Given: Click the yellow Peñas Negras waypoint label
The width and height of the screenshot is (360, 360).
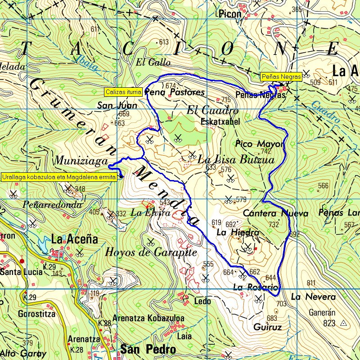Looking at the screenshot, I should tap(281, 77).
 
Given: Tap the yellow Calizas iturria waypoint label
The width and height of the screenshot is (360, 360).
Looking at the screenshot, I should tap(124, 92).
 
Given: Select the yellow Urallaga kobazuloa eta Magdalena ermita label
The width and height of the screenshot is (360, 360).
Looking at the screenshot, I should tap(59, 177).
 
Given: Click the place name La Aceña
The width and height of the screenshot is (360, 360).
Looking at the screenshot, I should tap(75, 239).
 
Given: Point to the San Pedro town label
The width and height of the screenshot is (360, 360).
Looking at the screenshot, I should tap(148, 349).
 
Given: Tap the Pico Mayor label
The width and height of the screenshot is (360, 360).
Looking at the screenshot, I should tap(260, 144).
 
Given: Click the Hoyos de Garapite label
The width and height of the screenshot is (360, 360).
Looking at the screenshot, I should tap(151, 252).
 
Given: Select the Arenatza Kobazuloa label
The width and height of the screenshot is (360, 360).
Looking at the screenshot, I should tap(148, 318).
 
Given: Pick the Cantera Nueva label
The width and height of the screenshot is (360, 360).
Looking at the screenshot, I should tap(276, 213).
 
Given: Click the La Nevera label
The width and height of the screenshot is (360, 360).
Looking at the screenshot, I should tap(313, 297).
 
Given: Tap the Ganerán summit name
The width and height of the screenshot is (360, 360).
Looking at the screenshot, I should tap(323, 312).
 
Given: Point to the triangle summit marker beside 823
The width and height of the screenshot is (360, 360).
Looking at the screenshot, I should tap(344, 323).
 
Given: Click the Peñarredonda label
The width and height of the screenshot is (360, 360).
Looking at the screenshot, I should tap(52, 205).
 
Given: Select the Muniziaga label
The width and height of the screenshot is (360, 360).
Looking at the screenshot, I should tap(81, 161).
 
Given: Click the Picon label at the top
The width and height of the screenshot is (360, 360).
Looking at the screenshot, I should tap(229, 14).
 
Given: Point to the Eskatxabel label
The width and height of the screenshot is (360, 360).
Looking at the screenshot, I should tap(220, 121).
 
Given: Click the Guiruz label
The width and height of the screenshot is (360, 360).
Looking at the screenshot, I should tap(267, 327).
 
